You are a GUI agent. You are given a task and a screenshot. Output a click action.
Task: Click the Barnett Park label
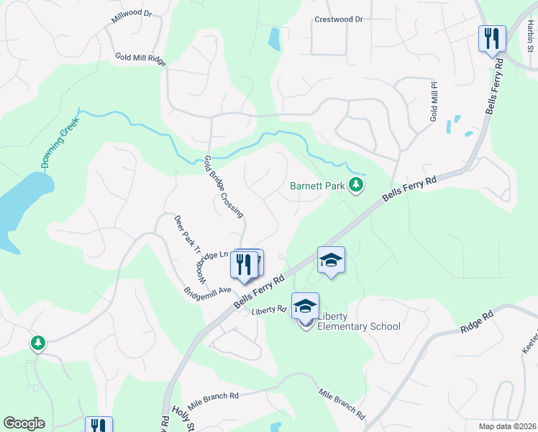click(317, 186)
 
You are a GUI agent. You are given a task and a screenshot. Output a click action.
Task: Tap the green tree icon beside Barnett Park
click(355, 186)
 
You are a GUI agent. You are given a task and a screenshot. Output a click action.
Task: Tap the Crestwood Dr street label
click(339, 19)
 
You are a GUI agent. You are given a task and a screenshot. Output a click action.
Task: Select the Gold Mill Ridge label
click(141, 59)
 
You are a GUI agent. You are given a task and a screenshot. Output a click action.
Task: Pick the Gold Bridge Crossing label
click(224, 186)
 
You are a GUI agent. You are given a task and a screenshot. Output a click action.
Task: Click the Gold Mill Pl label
click(434, 102)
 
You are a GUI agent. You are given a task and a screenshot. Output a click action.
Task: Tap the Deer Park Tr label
click(186, 235)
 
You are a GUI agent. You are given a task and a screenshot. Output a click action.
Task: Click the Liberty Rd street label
click(270, 310)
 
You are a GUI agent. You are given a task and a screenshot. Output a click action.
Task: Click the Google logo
click(24, 423)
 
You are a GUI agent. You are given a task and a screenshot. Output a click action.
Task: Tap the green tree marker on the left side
click(37, 343)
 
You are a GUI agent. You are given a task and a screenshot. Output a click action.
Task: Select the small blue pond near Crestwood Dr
click(274, 39)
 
